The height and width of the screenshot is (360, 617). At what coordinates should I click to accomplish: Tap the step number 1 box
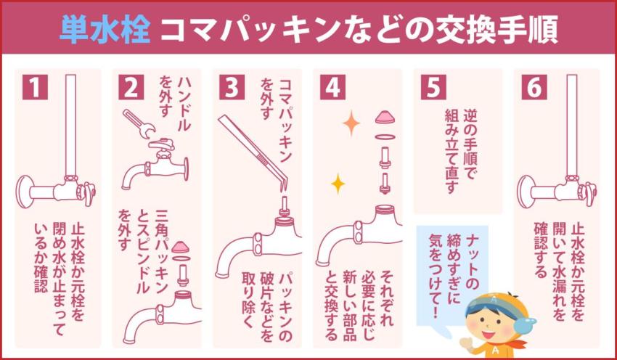coord(33,88)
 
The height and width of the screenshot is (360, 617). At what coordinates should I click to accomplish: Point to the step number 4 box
coord(332,88)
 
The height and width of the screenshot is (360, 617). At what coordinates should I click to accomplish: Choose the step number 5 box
coord(433,88)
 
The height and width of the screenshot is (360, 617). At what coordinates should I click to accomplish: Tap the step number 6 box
coord(534,88)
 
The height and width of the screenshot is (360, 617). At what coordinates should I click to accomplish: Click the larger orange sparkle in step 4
coord(351,123)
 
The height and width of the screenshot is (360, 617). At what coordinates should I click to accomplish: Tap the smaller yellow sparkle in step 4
coord(338,184)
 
